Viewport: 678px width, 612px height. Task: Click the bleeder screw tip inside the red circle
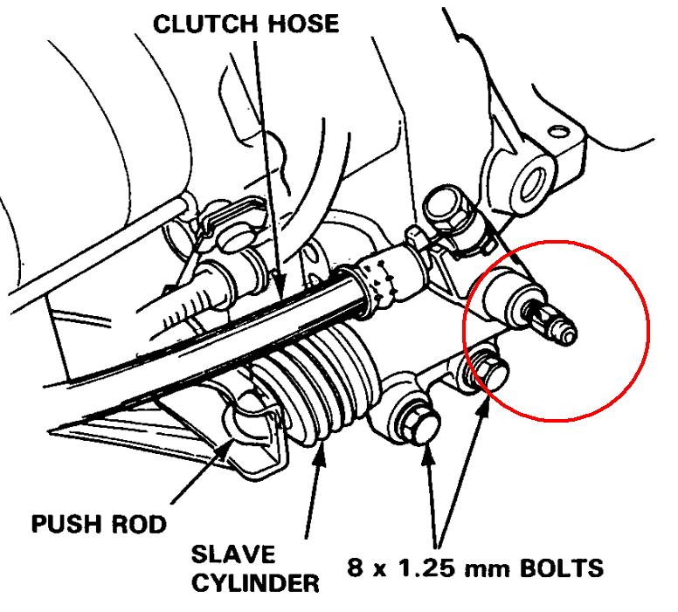[x=567, y=333]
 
